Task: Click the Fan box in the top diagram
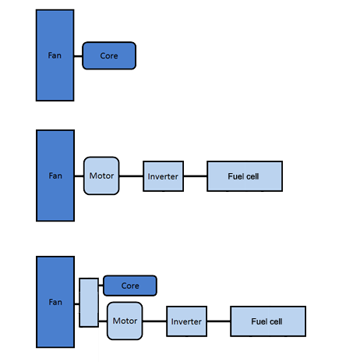click(55, 55)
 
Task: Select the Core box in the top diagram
click(109, 55)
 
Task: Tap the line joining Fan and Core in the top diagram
click(78, 56)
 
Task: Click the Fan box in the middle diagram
click(55, 176)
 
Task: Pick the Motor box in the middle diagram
click(101, 176)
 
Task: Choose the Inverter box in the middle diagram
click(164, 176)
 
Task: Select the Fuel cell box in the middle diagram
click(245, 176)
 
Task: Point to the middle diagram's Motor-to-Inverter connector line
click(131, 176)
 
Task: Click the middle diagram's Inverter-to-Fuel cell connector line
click(196, 176)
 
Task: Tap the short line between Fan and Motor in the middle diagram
click(79, 176)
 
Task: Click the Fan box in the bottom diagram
click(55, 302)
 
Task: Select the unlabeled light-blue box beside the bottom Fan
click(89, 303)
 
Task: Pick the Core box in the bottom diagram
click(130, 286)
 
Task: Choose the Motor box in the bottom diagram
click(125, 321)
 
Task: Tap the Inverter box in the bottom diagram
click(187, 321)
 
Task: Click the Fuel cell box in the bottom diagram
click(268, 321)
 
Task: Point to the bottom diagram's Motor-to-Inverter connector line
click(154, 321)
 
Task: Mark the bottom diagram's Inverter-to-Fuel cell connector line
click(219, 321)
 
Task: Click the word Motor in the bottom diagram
click(125, 321)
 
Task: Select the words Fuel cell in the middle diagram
click(243, 176)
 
